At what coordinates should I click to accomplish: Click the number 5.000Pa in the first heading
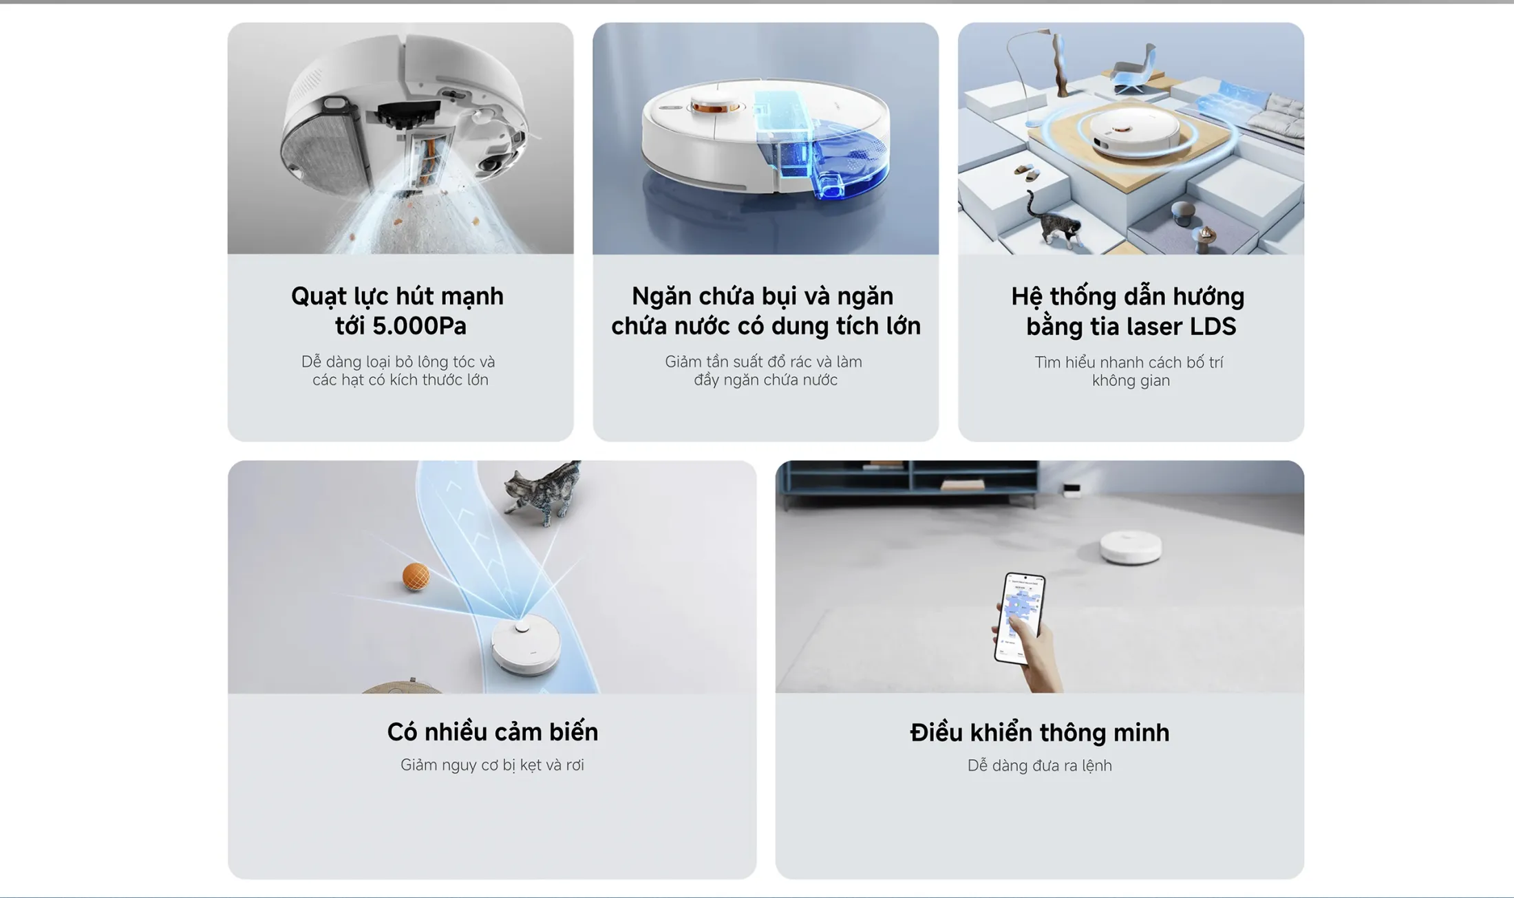point(419,325)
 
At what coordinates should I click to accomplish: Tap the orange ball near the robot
point(416,576)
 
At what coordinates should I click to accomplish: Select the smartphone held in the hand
point(1019,618)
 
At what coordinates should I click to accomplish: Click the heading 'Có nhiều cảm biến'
point(492,731)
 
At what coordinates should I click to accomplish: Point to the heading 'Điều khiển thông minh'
point(1039,732)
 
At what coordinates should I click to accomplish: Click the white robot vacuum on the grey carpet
point(1131,548)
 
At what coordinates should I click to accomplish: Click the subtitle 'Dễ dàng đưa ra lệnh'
point(1039,766)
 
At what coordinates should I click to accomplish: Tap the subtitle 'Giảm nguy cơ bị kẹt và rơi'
point(492,765)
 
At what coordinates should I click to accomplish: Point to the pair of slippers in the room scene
point(1027,171)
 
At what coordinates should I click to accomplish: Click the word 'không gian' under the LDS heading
point(1131,381)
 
